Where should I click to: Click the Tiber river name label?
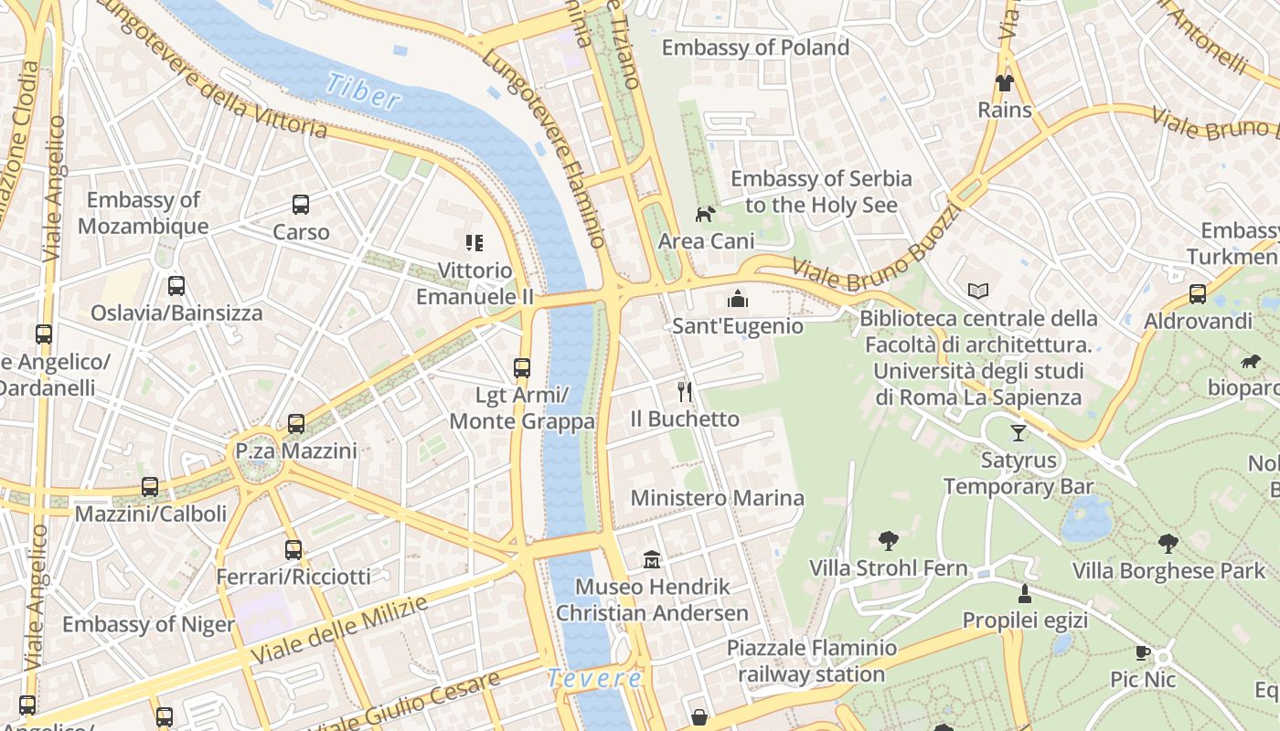(x=362, y=91)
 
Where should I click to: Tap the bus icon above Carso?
(x=301, y=205)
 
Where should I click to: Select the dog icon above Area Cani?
(x=705, y=215)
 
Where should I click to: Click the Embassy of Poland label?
(x=755, y=48)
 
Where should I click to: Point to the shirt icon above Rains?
(x=1005, y=83)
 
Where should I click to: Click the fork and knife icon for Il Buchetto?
(x=685, y=392)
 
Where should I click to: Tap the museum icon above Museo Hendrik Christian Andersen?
(x=652, y=559)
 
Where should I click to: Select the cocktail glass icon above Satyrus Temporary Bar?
(x=1019, y=432)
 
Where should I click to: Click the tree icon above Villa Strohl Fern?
(x=888, y=541)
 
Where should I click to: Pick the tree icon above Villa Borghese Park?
(x=1168, y=544)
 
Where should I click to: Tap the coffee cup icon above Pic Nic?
(x=1143, y=652)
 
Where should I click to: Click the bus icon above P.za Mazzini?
(x=295, y=423)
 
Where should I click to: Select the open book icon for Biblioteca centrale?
(x=978, y=291)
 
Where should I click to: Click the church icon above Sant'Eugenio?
(x=737, y=299)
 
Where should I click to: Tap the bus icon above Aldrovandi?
(x=1197, y=294)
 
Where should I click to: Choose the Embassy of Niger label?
(x=148, y=625)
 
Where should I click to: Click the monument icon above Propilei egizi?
(x=1025, y=594)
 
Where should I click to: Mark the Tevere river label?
(x=594, y=679)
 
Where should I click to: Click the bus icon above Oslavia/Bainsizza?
(x=176, y=286)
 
